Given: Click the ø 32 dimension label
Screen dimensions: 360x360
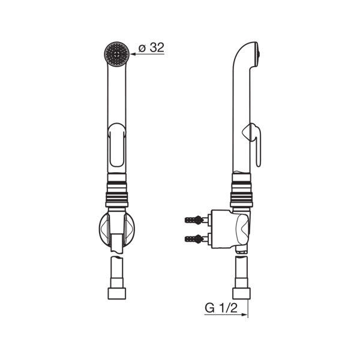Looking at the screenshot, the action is (151, 47).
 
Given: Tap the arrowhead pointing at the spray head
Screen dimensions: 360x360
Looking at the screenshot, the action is (133, 54).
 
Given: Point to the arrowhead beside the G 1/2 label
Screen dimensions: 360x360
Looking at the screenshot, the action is (244, 314).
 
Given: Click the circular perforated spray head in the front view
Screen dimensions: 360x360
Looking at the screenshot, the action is (116, 54).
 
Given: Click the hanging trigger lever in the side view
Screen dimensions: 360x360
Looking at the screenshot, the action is (254, 144).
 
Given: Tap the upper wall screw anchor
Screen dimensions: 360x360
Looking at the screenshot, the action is (194, 220).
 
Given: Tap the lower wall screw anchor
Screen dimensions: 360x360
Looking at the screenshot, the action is (194, 239).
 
